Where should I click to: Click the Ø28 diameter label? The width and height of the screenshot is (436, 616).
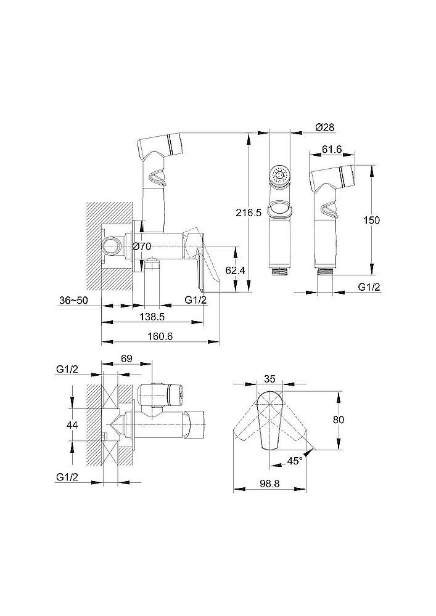(x=325, y=127)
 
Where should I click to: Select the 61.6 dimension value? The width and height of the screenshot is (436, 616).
(x=331, y=149)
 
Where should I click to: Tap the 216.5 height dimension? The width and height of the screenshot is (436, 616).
(x=249, y=213)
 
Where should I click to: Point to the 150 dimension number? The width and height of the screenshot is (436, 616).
(x=371, y=220)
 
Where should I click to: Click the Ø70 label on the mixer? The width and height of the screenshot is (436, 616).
(x=142, y=247)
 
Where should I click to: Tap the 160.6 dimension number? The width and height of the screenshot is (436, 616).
(x=160, y=337)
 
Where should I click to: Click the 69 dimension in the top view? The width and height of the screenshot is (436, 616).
(x=126, y=359)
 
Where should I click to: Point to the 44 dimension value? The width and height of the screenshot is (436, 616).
(x=72, y=424)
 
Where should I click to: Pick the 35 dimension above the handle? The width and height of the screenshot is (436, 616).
(x=269, y=379)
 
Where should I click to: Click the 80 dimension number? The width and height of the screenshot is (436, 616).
(x=338, y=419)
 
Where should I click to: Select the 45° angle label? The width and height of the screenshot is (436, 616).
(x=294, y=461)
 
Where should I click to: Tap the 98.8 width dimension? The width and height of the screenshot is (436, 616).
(x=269, y=484)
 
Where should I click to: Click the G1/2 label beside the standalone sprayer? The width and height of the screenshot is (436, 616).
(x=369, y=287)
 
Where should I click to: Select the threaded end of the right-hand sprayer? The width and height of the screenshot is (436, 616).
(x=325, y=272)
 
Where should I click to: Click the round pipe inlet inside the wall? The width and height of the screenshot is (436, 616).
(x=113, y=246)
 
